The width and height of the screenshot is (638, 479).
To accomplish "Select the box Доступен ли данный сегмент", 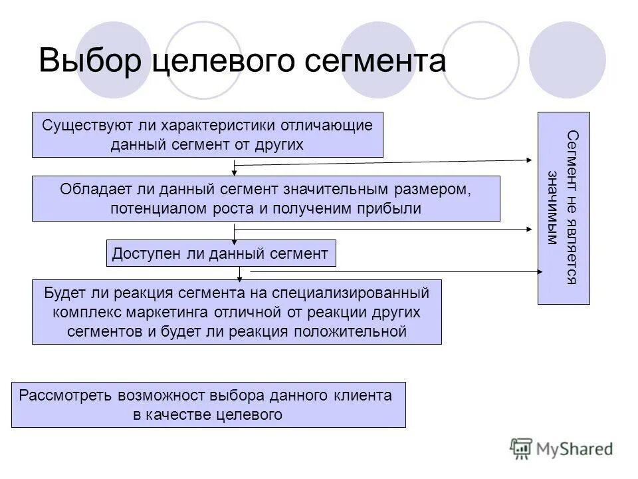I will click(221, 253).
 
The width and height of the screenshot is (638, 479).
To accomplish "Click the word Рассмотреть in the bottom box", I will click(66, 395).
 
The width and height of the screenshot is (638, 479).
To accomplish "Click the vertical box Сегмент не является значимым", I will click(563, 208).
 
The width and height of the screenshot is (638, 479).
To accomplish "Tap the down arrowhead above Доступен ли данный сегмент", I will click(234, 238).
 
